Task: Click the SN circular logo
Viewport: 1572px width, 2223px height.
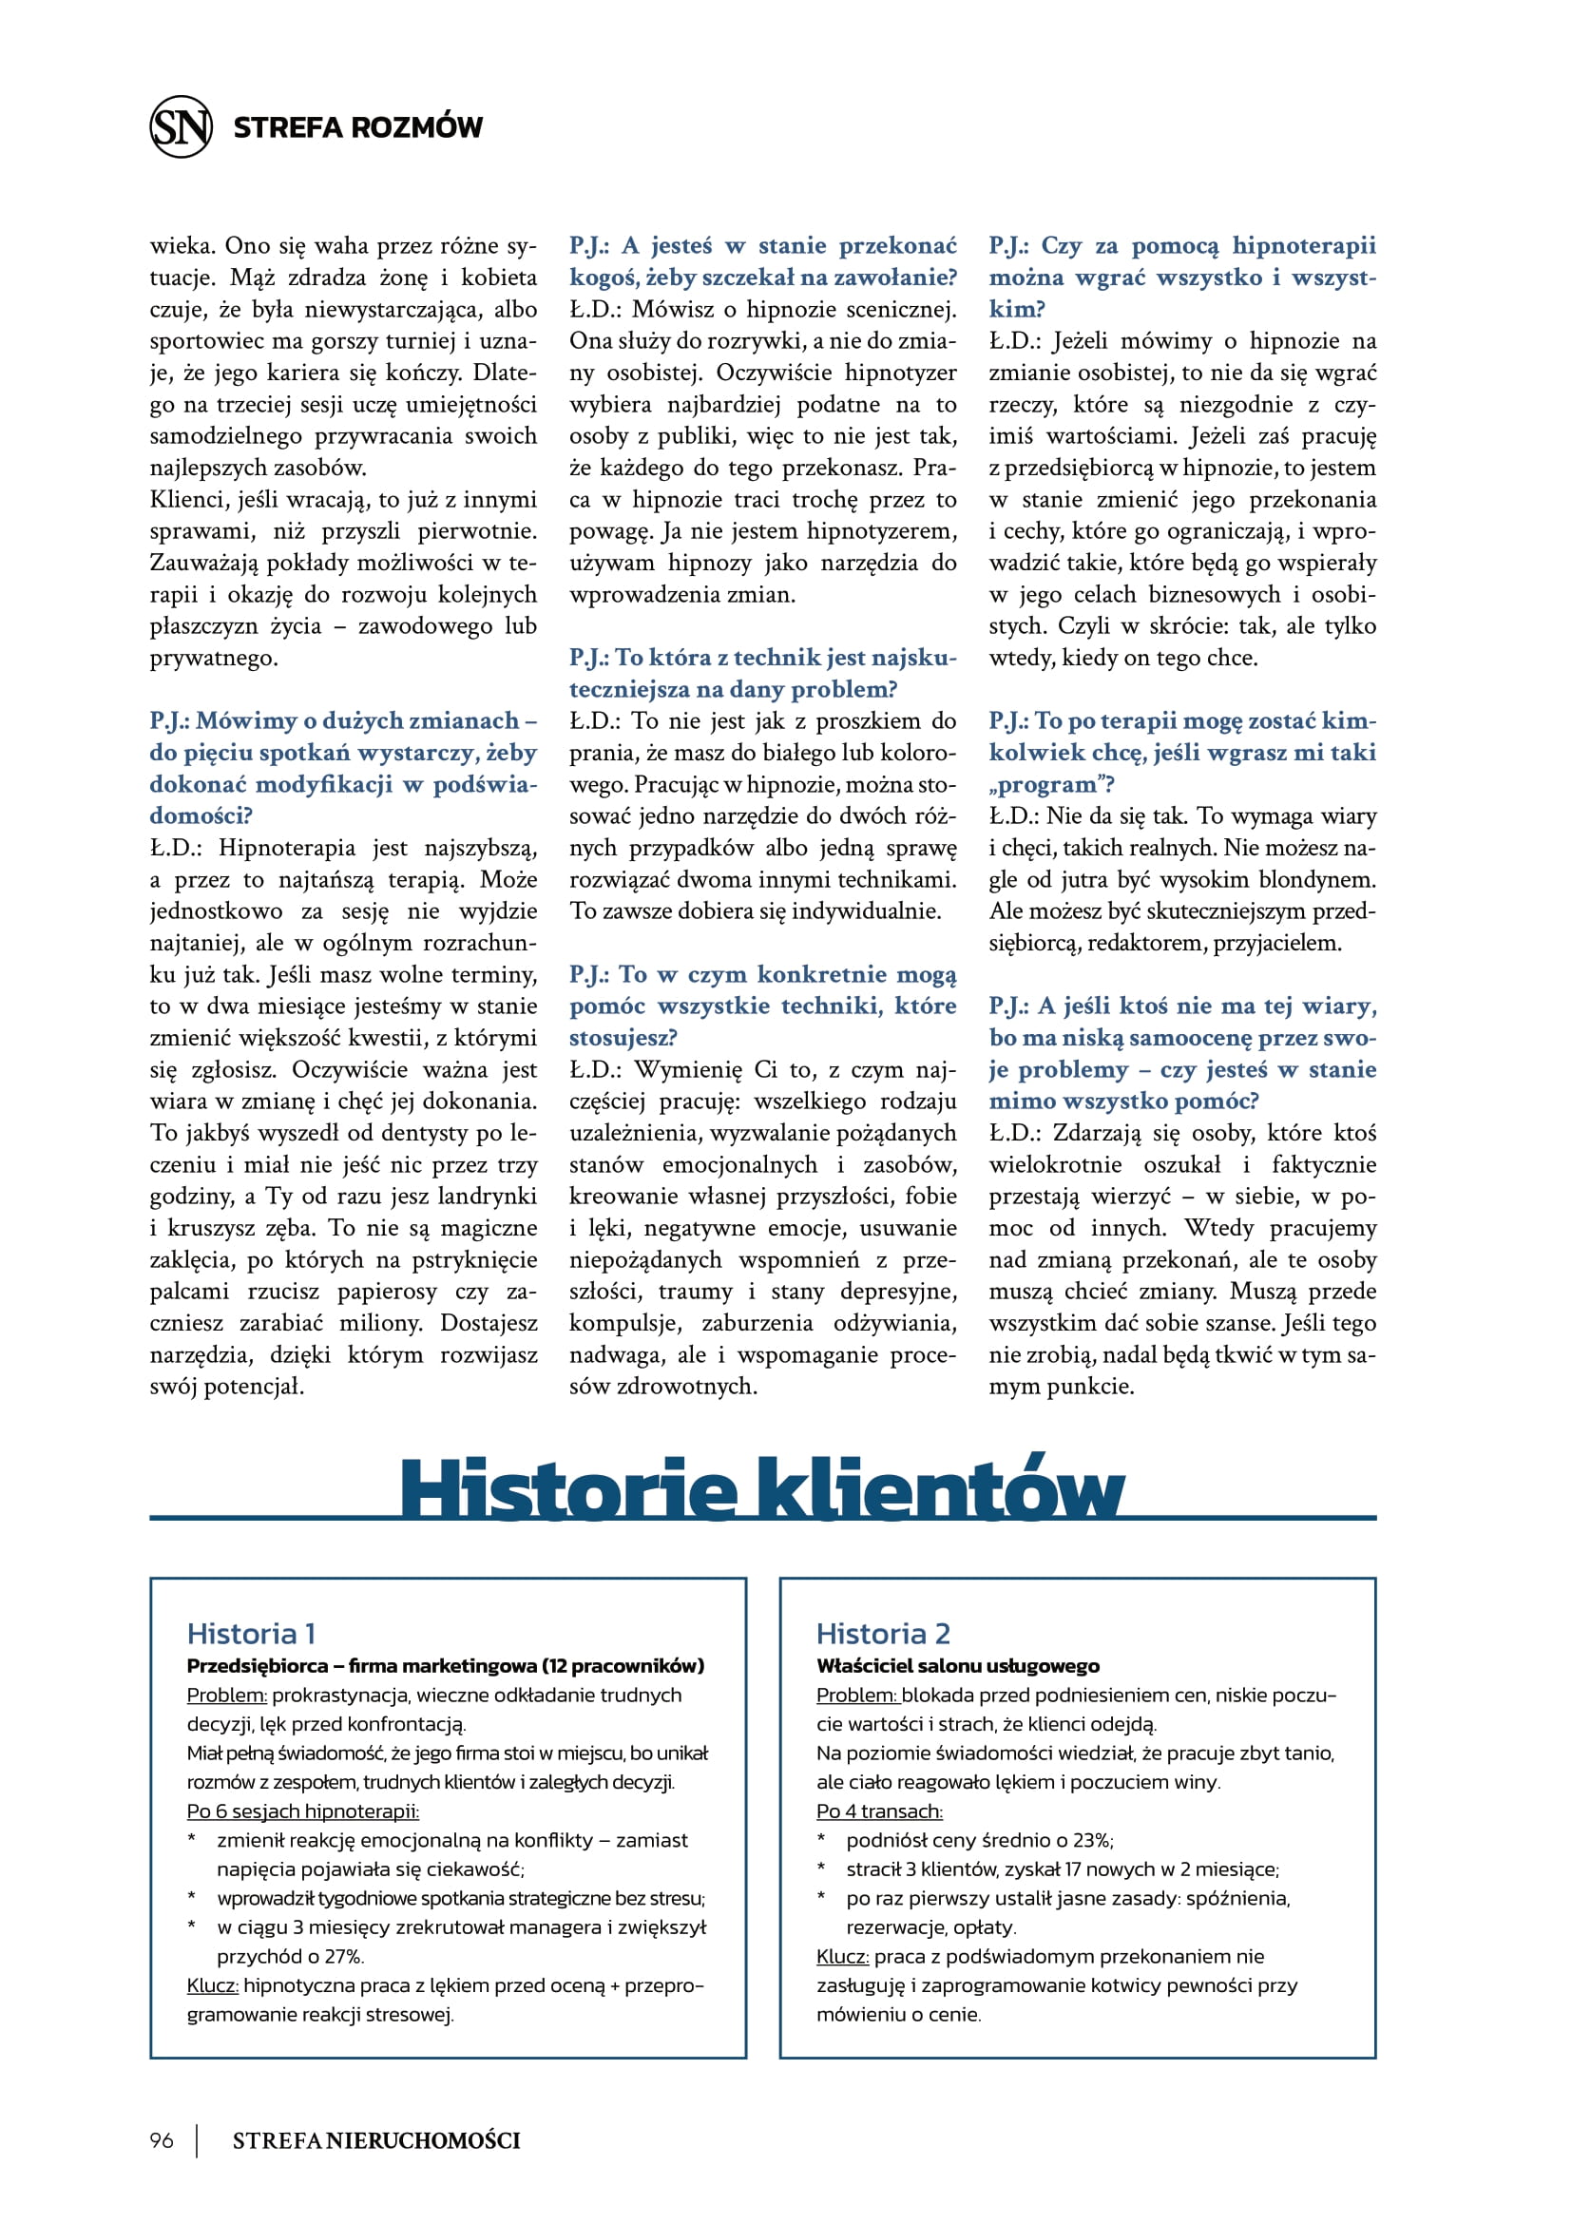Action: pyautogui.click(x=181, y=126)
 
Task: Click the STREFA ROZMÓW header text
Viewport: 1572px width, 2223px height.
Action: pyautogui.click(x=357, y=127)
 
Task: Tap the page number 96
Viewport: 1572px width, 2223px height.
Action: pyautogui.click(x=162, y=2139)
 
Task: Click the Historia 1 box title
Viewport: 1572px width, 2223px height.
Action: pyautogui.click(x=251, y=1635)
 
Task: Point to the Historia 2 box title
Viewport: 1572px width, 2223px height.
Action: pyautogui.click(x=883, y=1635)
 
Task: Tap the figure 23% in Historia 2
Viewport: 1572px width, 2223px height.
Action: pyautogui.click(x=1090, y=1841)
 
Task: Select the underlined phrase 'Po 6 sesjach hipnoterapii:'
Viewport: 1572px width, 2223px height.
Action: pyautogui.click(x=303, y=1811)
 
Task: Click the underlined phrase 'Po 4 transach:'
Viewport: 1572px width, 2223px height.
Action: pyautogui.click(x=879, y=1811)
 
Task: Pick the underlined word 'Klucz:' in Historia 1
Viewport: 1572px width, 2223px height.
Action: pyautogui.click(x=212, y=1985)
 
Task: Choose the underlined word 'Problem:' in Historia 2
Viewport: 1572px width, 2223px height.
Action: pyautogui.click(x=856, y=1696)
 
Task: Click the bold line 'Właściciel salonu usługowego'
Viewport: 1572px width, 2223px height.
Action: pyautogui.click(x=957, y=1666)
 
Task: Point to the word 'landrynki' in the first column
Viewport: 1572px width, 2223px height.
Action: pyautogui.click(x=487, y=1197)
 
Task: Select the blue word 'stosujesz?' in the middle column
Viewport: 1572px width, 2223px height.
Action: pyautogui.click(x=623, y=1038)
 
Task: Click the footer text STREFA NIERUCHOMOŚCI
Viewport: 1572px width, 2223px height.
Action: pyautogui.click(x=375, y=2140)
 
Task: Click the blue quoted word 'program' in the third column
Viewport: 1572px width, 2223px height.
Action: pyautogui.click(x=1047, y=784)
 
